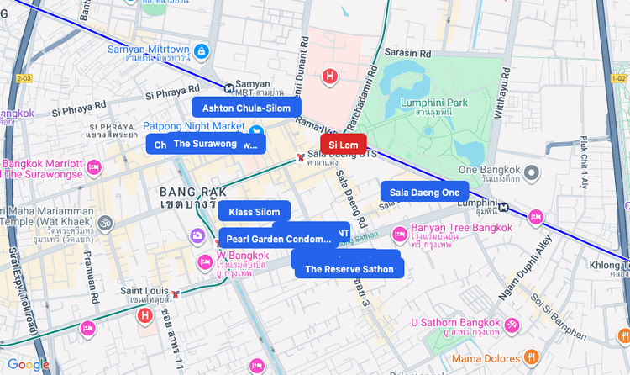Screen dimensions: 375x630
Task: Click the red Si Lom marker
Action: coord(343,145)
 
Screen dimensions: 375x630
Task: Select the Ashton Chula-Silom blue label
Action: coord(246,108)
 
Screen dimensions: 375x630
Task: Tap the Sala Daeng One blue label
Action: coord(424,192)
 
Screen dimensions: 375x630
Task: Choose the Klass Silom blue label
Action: coord(254,211)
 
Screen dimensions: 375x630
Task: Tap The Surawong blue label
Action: coord(205,143)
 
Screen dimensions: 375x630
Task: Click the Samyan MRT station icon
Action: coord(230,87)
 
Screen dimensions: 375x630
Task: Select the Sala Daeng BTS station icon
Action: coord(301,158)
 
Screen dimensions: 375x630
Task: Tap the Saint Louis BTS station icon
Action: coord(176,294)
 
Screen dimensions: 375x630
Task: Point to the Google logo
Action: coord(28,364)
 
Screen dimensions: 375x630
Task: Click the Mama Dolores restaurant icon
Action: coord(529,357)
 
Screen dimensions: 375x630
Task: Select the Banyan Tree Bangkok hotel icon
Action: coord(400,233)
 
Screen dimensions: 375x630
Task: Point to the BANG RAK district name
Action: coord(193,192)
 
